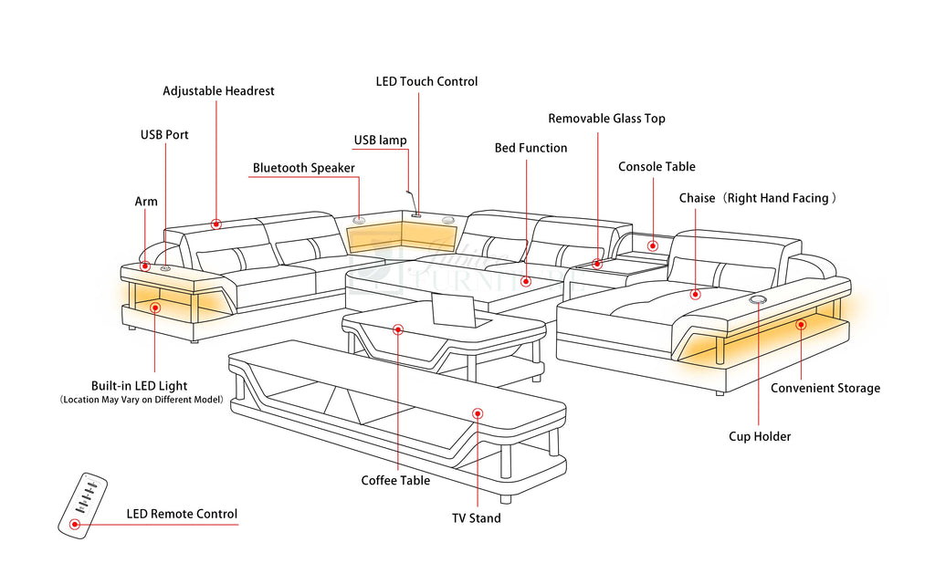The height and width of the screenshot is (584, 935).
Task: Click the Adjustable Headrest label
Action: pyautogui.click(x=218, y=91)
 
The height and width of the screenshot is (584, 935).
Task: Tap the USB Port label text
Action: pyautogui.click(x=164, y=135)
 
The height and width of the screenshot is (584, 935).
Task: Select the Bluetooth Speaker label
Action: pyautogui.click(x=303, y=168)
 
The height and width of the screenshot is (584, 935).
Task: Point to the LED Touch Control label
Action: pyautogui.click(x=426, y=81)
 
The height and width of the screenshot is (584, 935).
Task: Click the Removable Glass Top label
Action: pyautogui.click(x=606, y=119)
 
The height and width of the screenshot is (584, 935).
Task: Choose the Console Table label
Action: pyautogui.click(x=657, y=167)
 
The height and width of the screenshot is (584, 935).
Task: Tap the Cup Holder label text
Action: pyautogui.click(x=760, y=436)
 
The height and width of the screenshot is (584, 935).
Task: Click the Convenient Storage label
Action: pyautogui.click(x=825, y=389)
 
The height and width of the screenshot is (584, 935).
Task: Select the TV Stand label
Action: pyautogui.click(x=476, y=518)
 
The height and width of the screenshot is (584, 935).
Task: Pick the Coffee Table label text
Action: pyautogui.click(x=395, y=481)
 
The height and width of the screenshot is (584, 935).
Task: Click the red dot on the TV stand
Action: pyautogui.click(x=477, y=413)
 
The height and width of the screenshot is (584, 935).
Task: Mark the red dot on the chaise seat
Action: pyautogui.click(x=695, y=294)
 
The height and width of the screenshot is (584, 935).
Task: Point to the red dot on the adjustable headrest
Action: pyautogui.click(x=216, y=224)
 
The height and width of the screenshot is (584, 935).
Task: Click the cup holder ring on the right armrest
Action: pyautogui.click(x=758, y=299)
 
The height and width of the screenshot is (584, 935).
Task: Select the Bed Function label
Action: pyautogui.click(x=531, y=148)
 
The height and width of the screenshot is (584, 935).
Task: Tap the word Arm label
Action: pyautogui.click(x=146, y=202)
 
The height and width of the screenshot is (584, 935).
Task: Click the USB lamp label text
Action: pyautogui.click(x=381, y=141)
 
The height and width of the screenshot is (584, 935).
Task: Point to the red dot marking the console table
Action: pyautogui.click(x=653, y=245)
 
